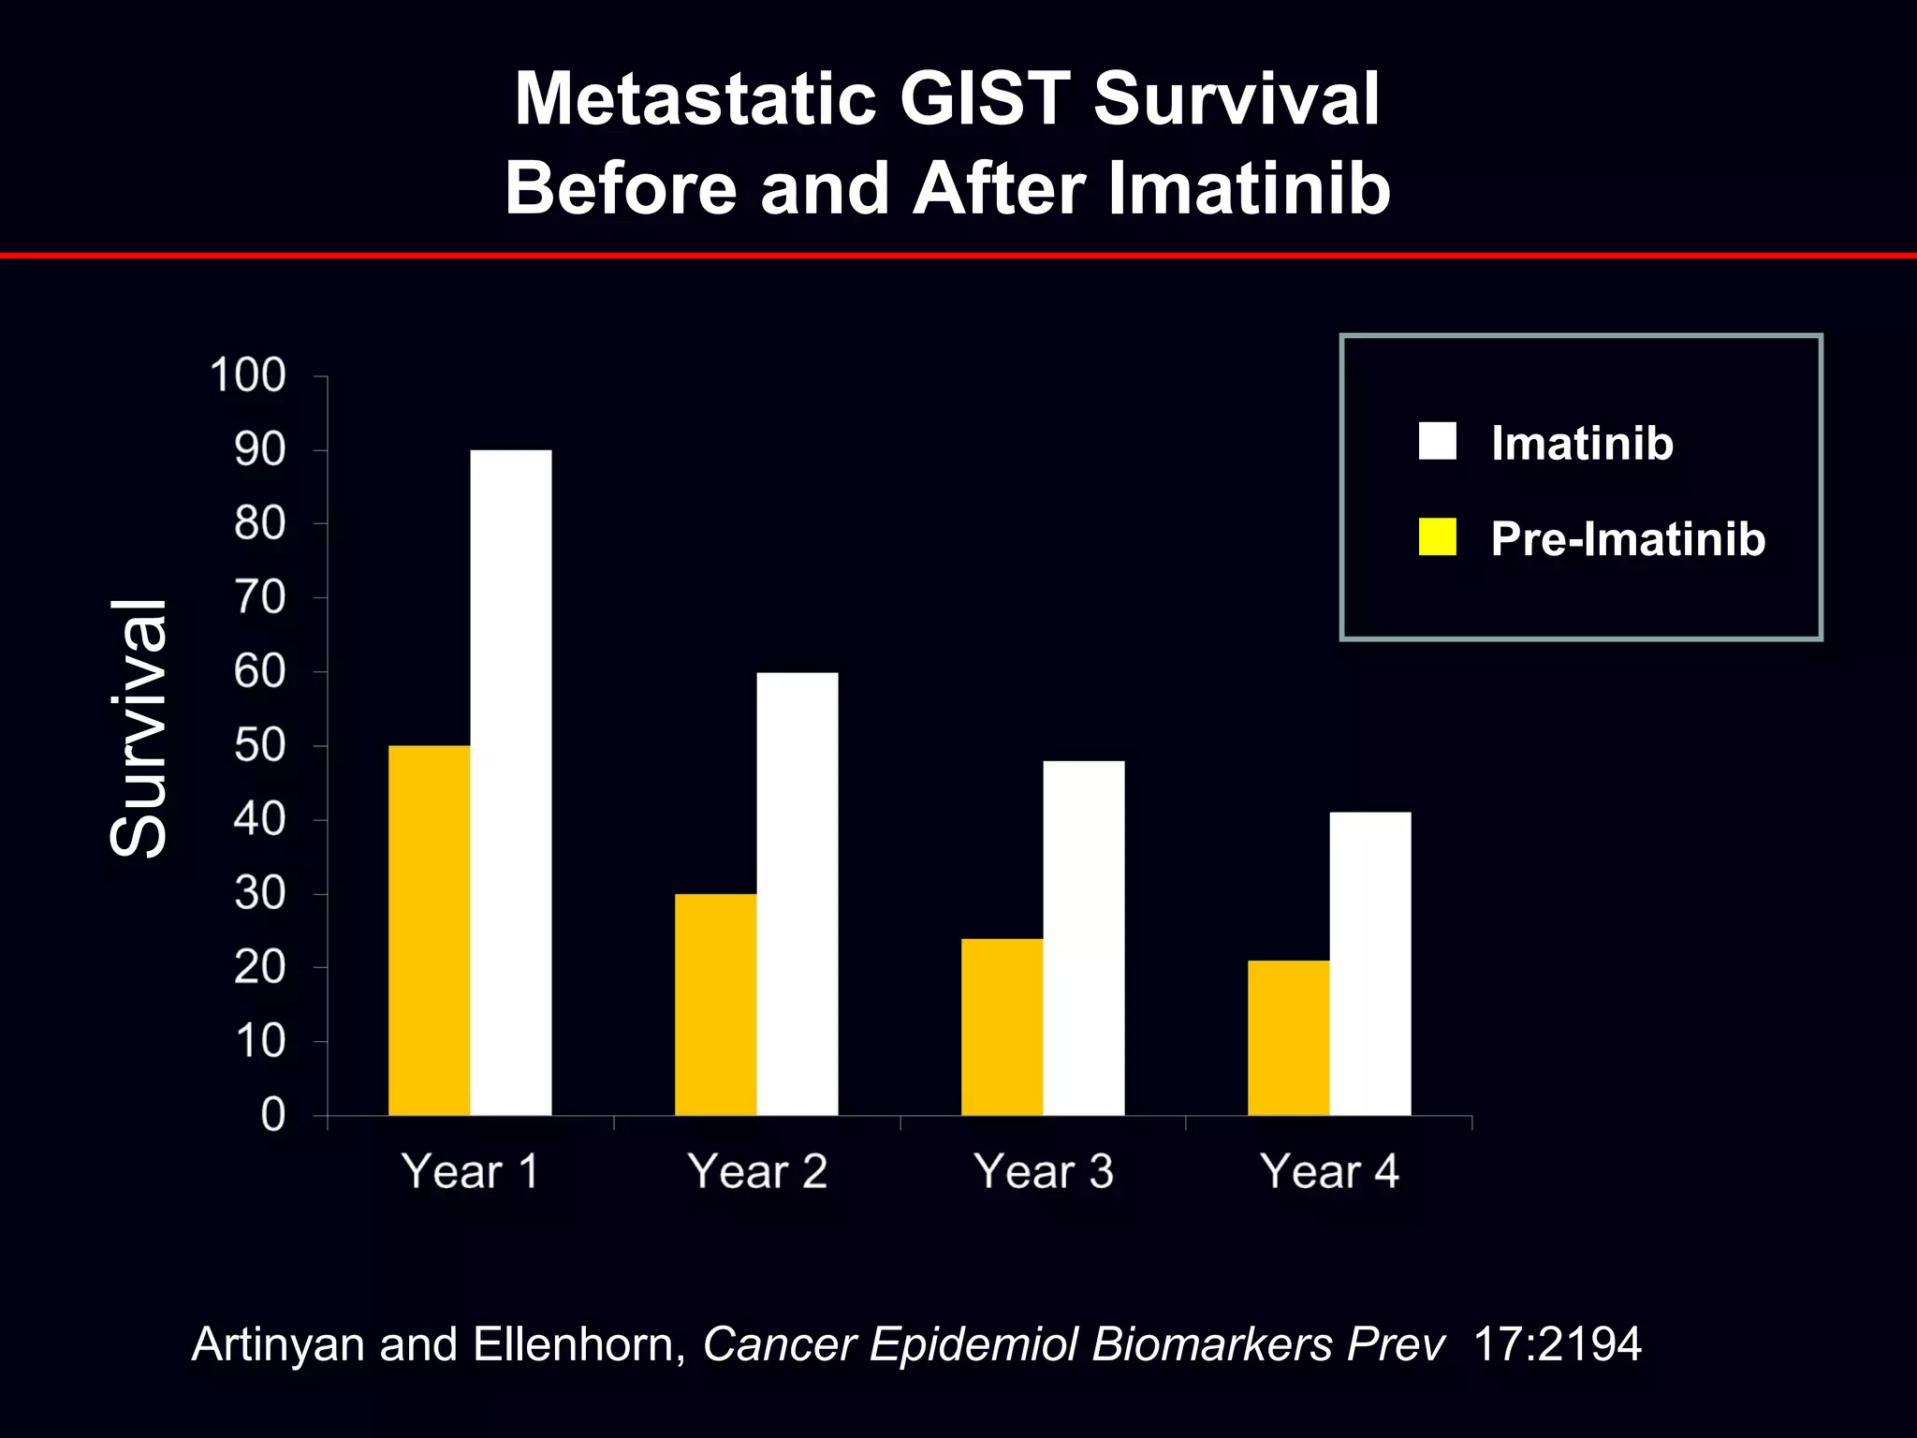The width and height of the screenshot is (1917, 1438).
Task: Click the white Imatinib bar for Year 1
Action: pos(510,782)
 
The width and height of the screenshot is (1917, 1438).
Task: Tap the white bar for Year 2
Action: pos(797,893)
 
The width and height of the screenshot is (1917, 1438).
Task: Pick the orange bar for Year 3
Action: pos(1002,1026)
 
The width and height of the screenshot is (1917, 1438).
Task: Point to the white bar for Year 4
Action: pos(1369,963)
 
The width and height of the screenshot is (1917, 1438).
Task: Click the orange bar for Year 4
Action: pos(1288,1037)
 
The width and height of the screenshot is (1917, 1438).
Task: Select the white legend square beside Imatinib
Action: pos(1437,441)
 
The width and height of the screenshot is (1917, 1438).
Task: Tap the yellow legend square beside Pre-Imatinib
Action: pos(1437,537)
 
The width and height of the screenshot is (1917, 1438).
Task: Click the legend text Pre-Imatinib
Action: pos(1628,539)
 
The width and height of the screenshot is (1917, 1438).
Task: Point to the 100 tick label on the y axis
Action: pos(247,375)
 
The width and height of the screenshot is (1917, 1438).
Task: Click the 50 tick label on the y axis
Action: pos(259,746)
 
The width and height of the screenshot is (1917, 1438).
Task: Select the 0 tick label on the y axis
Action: pos(272,1115)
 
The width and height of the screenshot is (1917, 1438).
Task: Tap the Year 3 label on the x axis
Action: pos(1044,1171)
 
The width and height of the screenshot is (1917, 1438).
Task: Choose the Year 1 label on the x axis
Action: pos(470,1171)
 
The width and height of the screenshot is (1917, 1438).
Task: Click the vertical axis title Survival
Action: pos(139,728)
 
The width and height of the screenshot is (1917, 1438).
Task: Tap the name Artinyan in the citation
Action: pos(277,1344)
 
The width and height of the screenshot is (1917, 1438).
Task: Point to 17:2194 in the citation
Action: pos(1557,1344)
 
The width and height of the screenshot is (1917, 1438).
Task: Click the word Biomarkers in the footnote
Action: pos(1212,1344)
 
